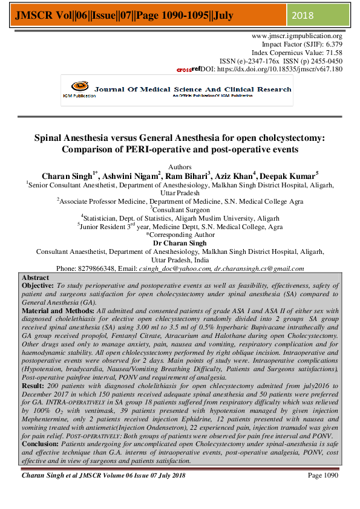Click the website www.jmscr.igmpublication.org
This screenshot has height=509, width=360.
[296, 36]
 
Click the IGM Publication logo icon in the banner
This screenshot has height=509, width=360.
[76, 88]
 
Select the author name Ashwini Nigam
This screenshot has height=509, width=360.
[136, 175]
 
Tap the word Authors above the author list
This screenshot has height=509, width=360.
[180, 166]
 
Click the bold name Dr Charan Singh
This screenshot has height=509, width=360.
[180, 242]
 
